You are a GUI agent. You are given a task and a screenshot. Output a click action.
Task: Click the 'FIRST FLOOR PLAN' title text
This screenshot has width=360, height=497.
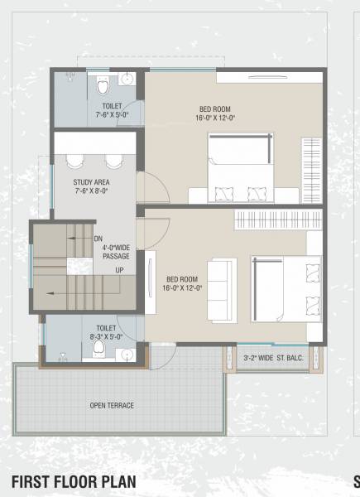(74, 482)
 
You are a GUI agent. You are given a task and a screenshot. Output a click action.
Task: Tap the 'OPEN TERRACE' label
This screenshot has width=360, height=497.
(112, 405)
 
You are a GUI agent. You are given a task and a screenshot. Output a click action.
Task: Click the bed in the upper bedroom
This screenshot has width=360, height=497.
(239, 170)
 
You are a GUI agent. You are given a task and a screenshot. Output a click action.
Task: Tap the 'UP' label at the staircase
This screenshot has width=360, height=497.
(119, 270)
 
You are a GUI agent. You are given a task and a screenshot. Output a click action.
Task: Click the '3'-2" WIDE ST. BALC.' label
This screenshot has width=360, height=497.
(271, 358)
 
